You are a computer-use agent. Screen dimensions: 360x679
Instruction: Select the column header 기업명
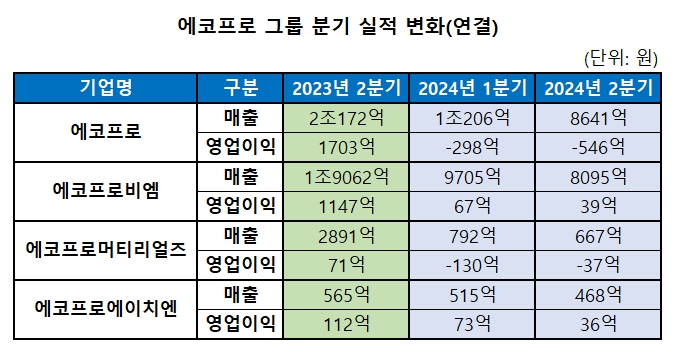pos(105,87)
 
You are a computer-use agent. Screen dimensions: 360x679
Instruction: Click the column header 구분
pos(241,87)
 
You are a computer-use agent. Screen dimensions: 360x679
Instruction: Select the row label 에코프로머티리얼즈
pos(105,252)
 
